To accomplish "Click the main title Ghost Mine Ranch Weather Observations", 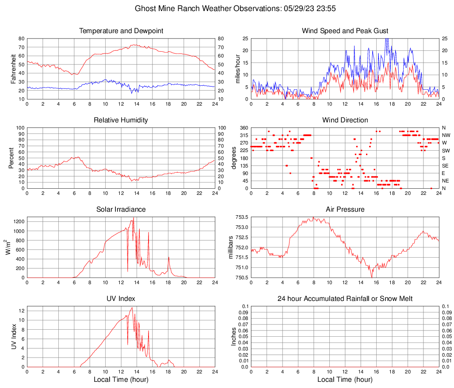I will coord(226,8).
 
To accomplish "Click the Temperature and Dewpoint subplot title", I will coord(121,31).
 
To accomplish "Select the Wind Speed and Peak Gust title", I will coord(345,31).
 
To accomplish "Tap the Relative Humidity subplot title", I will coord(121,120).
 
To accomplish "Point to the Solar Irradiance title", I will coord(121,209).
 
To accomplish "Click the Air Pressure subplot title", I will coord(345,209).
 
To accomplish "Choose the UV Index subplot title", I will coord(121,299).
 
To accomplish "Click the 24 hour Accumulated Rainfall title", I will coord(345,299).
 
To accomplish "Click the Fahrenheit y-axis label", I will coord(13,68).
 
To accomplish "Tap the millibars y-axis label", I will coord(230,247).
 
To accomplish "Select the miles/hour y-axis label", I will coord(237,68).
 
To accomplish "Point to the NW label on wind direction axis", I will coord(446,135).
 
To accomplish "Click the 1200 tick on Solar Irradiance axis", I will coord(18,219).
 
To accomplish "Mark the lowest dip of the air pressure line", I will coord(372,277).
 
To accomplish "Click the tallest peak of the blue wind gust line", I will coord(387,39).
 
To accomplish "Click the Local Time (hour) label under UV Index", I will coord(121,380).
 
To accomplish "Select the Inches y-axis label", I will coord(234,336).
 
